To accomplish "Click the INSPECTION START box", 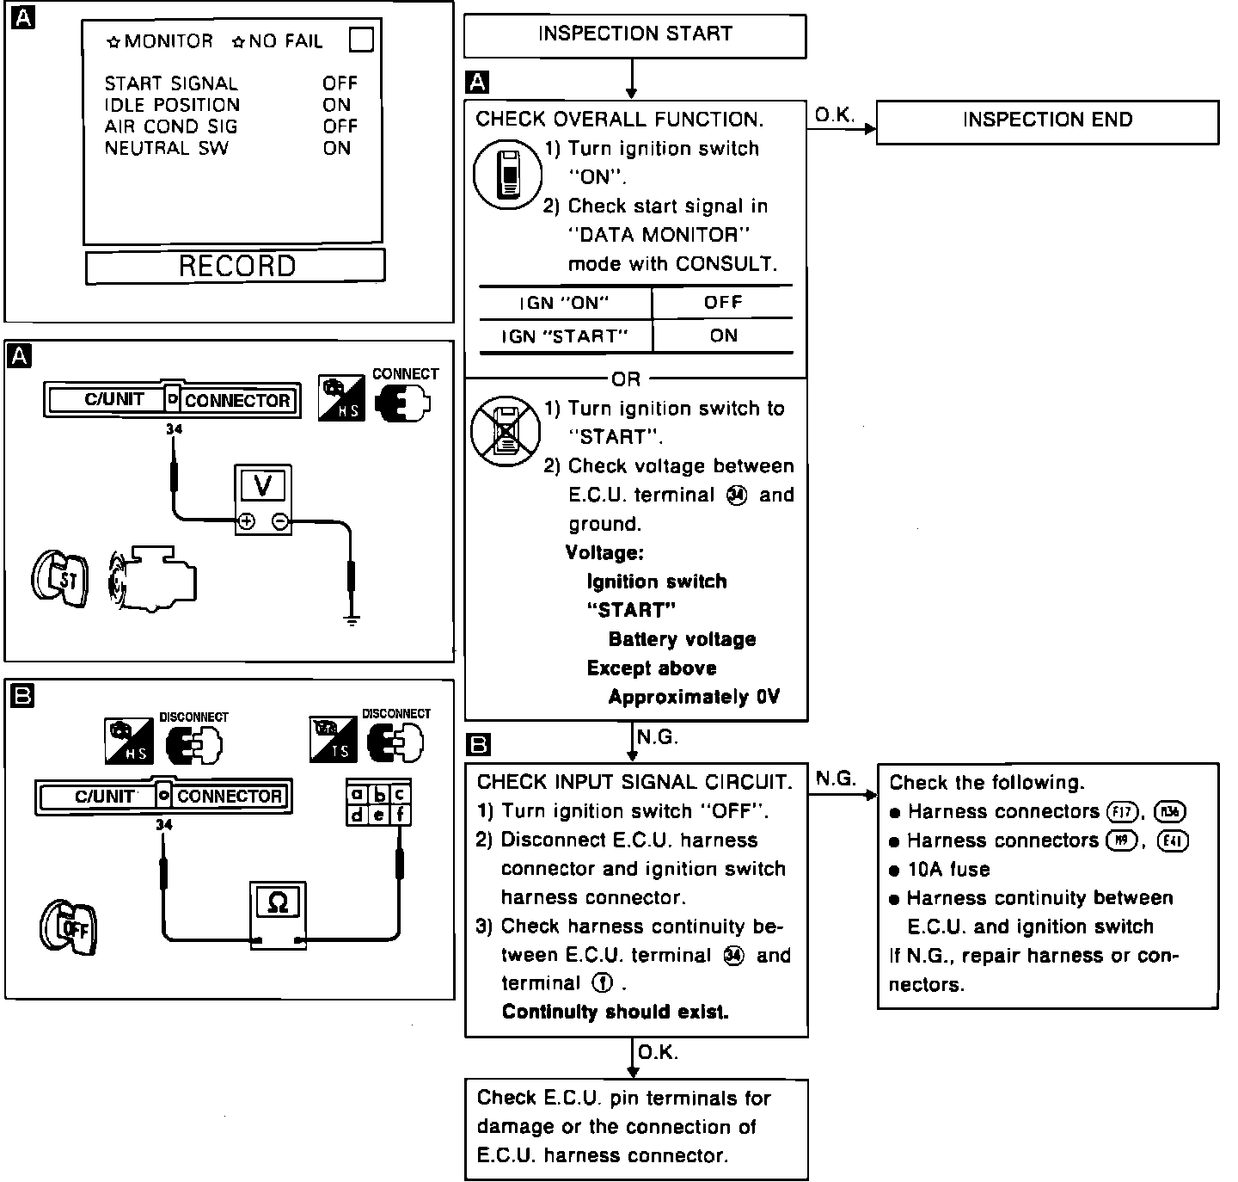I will [x=634, y=35].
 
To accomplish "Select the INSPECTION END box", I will [x=1047, y=120].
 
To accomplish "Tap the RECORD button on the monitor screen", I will [x=236, y=266].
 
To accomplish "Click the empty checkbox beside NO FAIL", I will [x=361, y=40].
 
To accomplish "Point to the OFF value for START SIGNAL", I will [x=340, y=83].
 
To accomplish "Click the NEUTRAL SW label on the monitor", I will [x=167, y=148].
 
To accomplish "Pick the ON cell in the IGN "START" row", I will [x=723, y=336].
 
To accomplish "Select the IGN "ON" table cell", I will [x=564, y=303].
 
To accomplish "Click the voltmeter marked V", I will [x=263, y=499].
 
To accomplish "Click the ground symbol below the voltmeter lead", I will [x=351, y=619].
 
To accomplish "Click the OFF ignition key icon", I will [x=69, y=928].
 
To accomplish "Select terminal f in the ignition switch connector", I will [x=400, y=814].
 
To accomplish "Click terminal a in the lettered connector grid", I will [x=357, y=795].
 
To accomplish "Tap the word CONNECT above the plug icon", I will [x=405, y=374].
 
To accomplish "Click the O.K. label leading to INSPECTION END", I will [x=834, y=115].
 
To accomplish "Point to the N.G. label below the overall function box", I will [x=657, y=737].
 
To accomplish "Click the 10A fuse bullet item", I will [x=947, y=870].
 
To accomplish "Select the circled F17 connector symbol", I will [x=1122, y=811].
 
